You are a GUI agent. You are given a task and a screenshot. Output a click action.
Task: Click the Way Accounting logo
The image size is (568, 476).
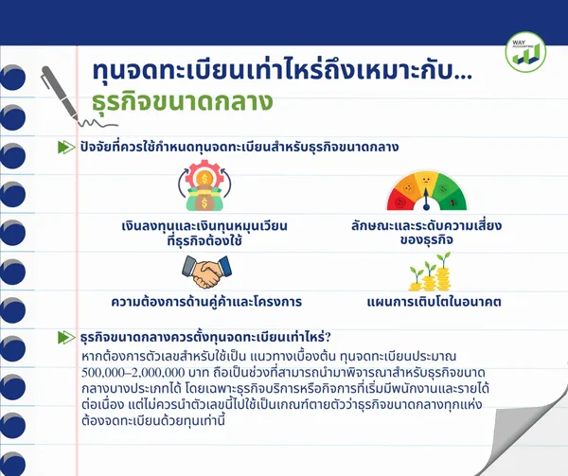click(x=525, y=52)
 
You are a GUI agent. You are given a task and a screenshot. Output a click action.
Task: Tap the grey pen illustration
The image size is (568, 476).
click(x=61, y=94)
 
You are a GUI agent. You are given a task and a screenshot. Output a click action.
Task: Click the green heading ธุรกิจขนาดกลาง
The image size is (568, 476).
click(x=182, y=101)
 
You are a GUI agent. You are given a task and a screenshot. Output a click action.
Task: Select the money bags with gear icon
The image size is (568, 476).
click(x=204, y=186)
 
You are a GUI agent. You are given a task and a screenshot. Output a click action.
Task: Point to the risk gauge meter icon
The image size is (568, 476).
click(x=426, y=191)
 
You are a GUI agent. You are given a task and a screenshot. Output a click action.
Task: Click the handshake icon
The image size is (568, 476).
click(x=206, y=272)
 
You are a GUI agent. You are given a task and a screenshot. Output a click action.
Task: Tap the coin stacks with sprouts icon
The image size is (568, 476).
click(x=431, y=272)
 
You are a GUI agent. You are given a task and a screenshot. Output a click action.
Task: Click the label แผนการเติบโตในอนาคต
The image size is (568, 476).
click(x=434, y=302)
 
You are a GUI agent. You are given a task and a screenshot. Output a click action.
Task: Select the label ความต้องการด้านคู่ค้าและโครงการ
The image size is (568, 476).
click(x=206, y=302)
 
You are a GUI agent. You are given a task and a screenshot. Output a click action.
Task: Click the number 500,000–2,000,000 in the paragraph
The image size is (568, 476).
click(x=133, y=373)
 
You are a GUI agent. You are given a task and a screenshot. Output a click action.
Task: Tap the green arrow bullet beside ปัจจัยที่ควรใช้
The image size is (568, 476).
click(x=66, y=147)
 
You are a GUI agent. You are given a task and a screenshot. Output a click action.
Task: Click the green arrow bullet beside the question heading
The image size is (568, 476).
click(x=66, y=337)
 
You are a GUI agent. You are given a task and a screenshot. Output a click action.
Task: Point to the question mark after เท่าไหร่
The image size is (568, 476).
click(x=328, y=337)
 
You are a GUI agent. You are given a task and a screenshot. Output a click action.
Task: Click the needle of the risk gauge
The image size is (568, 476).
click(x=426, y=199)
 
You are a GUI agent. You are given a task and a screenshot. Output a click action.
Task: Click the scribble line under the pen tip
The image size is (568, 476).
click(x=98, y=123)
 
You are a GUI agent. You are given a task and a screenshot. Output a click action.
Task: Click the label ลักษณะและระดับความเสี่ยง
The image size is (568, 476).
click(x=426, y=226)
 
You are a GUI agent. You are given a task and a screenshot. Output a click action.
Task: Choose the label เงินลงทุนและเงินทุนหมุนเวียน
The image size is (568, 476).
click(x=204, y=226)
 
